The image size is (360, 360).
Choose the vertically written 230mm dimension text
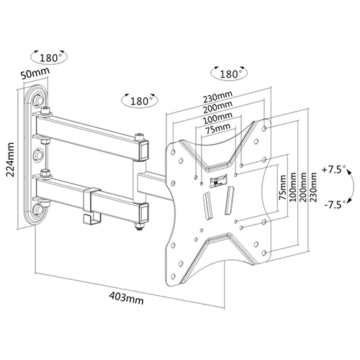pyautogui.click(x=312, y=186)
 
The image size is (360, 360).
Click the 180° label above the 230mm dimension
pyautogui.click(x=229, y=74)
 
